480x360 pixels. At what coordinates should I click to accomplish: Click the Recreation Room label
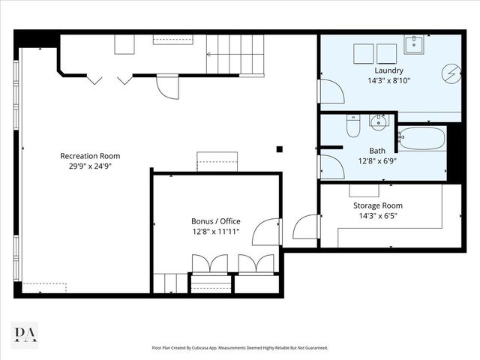click(90, 156)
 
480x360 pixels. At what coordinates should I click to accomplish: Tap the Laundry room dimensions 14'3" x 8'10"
click(388, 80)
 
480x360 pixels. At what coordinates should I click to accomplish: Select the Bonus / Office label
click(216, 221)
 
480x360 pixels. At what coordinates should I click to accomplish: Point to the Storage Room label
click(378, 205)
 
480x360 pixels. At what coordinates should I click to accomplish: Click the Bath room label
click(377, 151)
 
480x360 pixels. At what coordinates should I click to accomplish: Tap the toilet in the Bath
click(353, 125)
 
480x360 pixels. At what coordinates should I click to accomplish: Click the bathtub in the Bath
click(422, 138)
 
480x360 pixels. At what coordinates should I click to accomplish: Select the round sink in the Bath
click(379, 122)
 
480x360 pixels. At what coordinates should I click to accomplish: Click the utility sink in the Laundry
click(414, 45)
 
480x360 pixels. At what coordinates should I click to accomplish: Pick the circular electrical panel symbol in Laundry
click(451, 73)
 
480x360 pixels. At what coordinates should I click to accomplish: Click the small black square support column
click(279, 149)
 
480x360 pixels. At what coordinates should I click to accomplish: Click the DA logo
click(25, 335)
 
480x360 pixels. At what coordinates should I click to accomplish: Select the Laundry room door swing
click(331, 91)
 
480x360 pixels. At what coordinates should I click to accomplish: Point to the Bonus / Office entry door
click(265, 232)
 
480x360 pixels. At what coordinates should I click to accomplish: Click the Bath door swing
click(331, 166)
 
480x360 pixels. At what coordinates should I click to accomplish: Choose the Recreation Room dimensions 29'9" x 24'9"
click(90, 166)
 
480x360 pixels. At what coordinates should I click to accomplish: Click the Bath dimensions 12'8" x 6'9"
click(377, 161)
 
